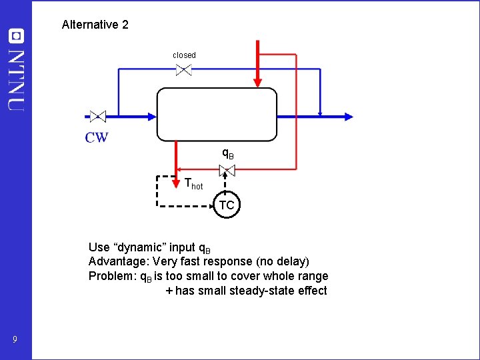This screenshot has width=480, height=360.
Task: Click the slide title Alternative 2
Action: [95, 25]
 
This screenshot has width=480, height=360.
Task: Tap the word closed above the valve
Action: [184, 55]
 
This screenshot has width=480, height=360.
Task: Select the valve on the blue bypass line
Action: [184, 69]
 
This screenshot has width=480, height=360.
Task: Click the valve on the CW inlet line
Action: [98, 116]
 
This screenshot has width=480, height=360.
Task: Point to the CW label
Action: [96, 137]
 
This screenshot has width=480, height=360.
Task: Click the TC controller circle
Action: [227, 205]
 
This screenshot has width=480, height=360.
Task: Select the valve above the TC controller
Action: [227, 171]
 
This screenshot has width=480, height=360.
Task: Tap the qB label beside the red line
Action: [228, 154]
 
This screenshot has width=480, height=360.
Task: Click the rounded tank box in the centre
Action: [217, 114]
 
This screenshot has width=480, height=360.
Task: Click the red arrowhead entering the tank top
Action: [257, 81]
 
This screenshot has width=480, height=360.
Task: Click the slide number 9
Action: [15, 341]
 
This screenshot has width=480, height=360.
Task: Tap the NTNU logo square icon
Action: [15, 36]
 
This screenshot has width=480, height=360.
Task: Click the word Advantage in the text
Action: [117, 261]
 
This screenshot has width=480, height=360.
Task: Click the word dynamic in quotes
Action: [146, 246]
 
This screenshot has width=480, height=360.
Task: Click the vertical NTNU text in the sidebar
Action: [15, 80]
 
